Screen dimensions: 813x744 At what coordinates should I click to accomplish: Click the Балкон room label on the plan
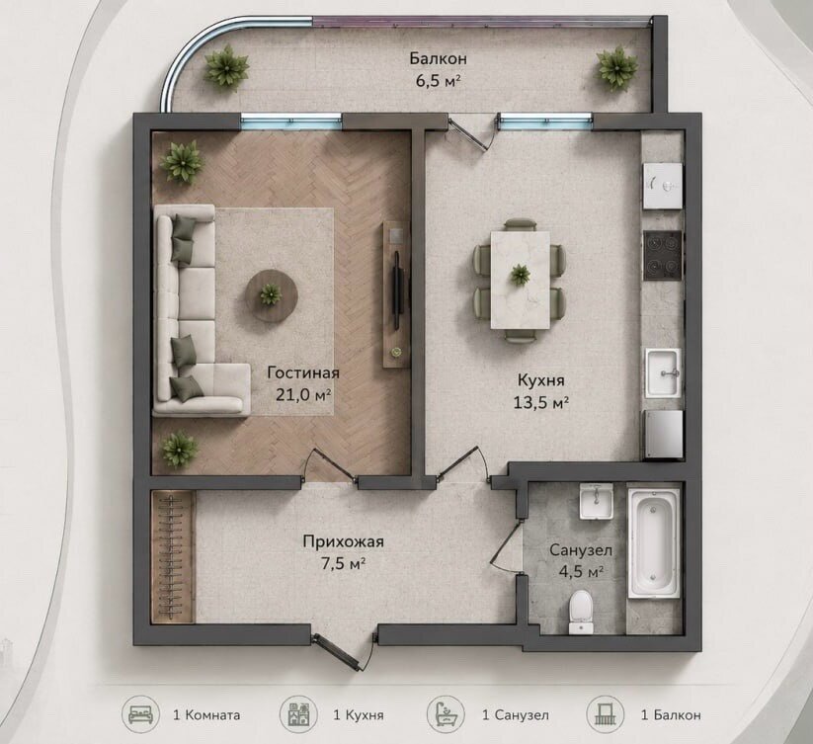439,58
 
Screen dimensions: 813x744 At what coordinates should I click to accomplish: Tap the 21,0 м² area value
304,394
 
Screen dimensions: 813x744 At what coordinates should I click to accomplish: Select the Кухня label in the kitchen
540,380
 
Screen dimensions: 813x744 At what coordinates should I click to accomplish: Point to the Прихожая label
343,541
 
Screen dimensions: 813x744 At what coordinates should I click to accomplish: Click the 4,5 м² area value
581,571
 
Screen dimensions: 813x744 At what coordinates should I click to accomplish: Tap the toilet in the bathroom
581,612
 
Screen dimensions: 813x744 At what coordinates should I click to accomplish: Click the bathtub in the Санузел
654,543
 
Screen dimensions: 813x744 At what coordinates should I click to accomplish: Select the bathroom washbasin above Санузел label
597,501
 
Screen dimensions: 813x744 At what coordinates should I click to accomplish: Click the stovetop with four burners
663,256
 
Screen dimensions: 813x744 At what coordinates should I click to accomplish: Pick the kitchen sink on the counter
663,373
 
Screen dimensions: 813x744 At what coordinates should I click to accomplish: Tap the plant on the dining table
520,275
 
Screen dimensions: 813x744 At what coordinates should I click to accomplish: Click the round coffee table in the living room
272,296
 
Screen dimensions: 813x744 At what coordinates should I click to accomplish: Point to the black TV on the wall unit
397,289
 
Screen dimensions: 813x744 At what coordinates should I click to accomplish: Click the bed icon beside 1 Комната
140,715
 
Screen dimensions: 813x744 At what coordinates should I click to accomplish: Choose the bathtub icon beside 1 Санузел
446,715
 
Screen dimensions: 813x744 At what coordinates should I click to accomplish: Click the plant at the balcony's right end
617,68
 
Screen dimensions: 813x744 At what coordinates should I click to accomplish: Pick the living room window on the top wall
291,123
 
